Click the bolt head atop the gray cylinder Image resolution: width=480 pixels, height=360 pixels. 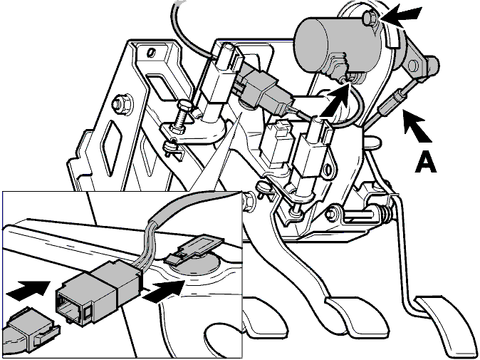point(369,18)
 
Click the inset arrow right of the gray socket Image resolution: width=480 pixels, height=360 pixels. point(164,289)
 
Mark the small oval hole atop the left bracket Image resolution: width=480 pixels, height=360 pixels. point(150,53)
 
